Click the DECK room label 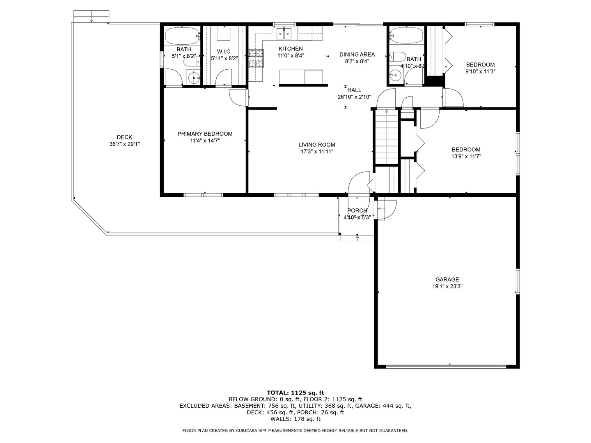tap(124, 137)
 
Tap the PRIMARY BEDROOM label tap(205, 134)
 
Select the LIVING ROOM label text tap(317, 145)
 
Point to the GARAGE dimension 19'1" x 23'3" tap(447, 286)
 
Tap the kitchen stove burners tap(256, 58)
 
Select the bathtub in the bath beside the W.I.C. tap(182, 37)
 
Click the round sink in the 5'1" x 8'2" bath tap(194, 78)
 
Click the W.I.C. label tap(224, 52)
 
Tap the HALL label tap(354, 90)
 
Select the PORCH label tap(357, 210)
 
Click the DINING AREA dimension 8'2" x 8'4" tap(357, 62)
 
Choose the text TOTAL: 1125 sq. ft tap(295, 393)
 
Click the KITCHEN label tap(291, 49)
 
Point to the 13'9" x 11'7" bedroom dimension tap(466, 156)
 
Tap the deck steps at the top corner tap(91, 17)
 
